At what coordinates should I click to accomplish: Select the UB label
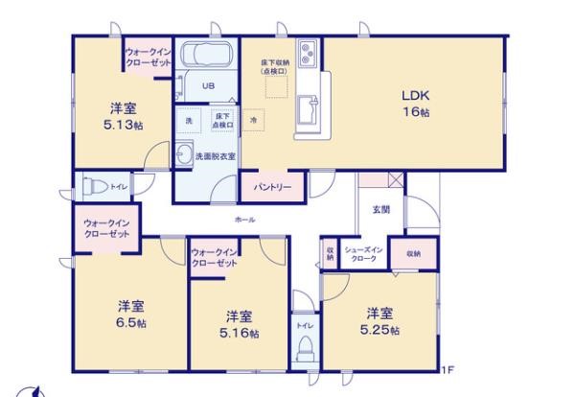coord(207,85)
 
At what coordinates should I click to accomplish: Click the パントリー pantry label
coord(272,187)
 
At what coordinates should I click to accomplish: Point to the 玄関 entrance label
coord(380,209)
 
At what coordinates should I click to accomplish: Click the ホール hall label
coord(244,221)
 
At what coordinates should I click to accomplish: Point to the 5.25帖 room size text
coord(380,330)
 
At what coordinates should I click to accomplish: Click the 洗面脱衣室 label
coord(216,155)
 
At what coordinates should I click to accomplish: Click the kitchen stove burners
coord(309,52)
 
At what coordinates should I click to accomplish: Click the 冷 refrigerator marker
coord(253,121)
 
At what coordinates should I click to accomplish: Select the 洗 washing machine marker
coord(188,121)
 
